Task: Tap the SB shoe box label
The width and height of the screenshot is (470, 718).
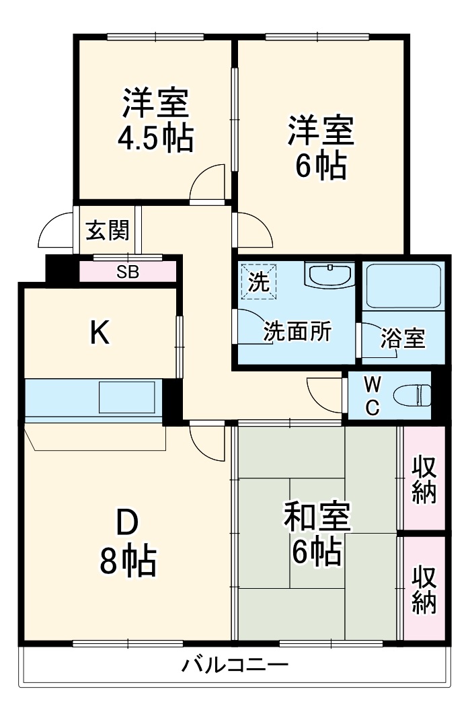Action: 128,272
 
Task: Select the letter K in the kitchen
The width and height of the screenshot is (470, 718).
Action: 100,333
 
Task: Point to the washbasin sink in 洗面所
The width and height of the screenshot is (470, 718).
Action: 329,275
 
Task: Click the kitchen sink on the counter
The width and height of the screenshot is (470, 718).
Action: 127,397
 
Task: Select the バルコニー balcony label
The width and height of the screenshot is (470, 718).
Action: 235,667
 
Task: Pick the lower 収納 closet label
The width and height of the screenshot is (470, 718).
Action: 424,589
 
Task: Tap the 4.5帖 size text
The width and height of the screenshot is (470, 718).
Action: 155,139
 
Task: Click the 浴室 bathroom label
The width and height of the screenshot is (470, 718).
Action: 402,338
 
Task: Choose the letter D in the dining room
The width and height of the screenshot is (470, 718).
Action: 127,524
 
